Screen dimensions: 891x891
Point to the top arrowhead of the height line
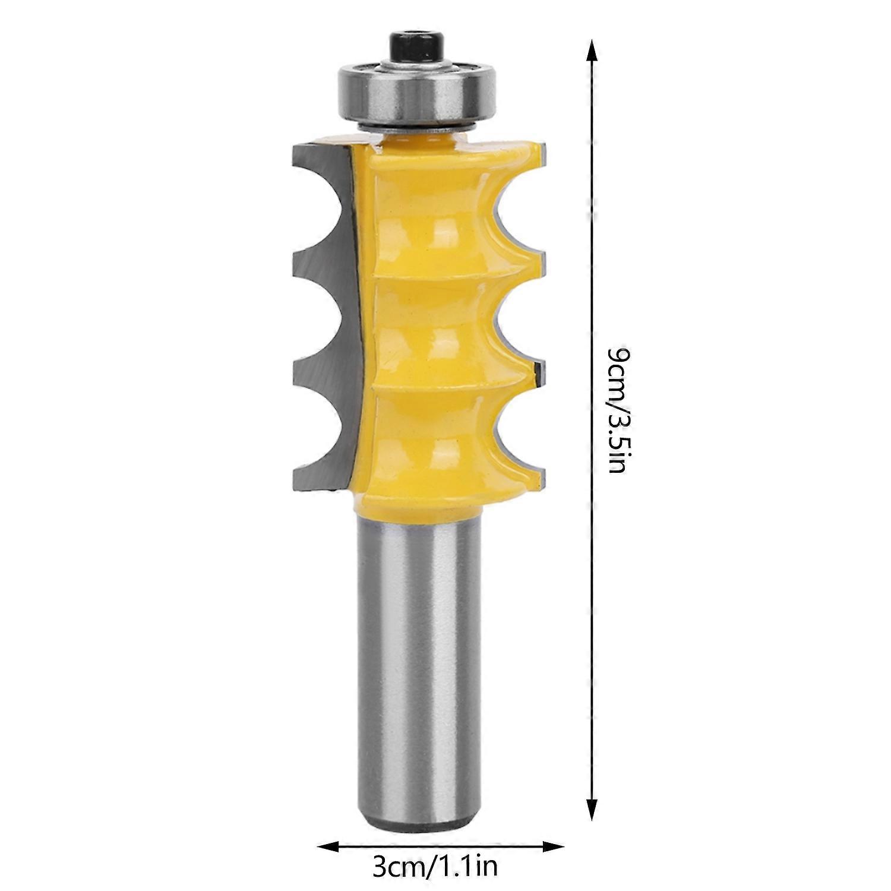pos(590,50)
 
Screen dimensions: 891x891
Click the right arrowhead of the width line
pos(552,845)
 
